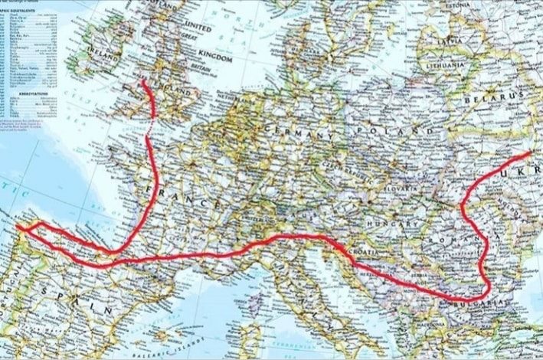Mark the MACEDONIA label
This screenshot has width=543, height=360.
(x=437, y=322)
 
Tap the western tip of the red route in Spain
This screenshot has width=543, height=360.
(x=17, y=225)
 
